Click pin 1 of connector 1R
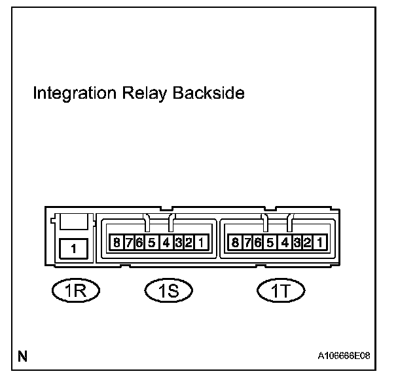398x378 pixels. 73,249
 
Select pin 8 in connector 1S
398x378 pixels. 117,244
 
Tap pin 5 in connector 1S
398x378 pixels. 151,244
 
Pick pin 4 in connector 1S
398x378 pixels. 166,244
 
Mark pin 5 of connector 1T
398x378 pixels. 269,244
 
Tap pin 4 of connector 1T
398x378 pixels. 284,244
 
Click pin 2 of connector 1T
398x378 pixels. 306,244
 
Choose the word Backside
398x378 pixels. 208,94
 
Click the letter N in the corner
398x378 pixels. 23,356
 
